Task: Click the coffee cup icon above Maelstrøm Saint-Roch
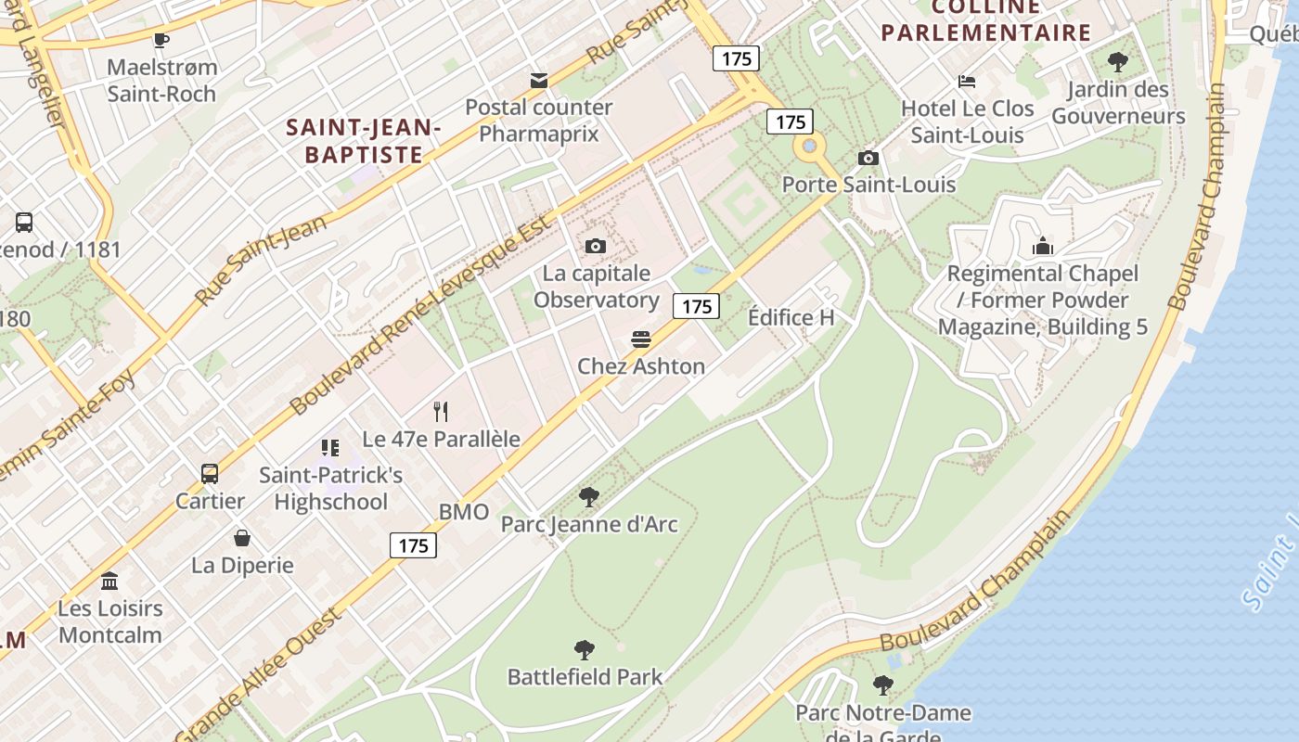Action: pyautogui.click(x=161, y=40)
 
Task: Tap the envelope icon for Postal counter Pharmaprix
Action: pyautogui.click(x=538, y=80)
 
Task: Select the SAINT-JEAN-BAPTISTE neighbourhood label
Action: pyautogui.click(x=363, y=140)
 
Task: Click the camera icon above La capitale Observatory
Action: pyautogui.click(x=596, y=246)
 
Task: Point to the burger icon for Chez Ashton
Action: pyautogui.click(x=640, y=339)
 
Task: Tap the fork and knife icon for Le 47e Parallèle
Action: pyautogui.click(x=442, y=412)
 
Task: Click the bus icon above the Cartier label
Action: pyautogui.click(x=210, y=474)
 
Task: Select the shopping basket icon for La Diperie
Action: pyautogui.click(x=242, y=538)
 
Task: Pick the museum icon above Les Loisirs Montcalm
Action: pyautogui.click(x=109, y=582)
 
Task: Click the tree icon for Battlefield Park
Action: pyautogui.click(x=585, y=649)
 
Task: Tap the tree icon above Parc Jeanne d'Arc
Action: pyautogui.click(x=588, y=497)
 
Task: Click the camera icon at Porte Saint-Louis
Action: pyautogui.click(x=868, y=158)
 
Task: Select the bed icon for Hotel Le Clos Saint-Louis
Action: pyautogui.click(x=967, y=82)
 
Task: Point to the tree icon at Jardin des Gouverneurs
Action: pyautogui.click(x=1118, y=62)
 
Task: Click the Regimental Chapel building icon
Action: pyautogui.click(x=1043, y=247)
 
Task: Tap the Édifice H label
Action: pyautogui.click(x=791, y=317)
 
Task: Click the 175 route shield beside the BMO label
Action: pyautogui.click(x=413, y=545)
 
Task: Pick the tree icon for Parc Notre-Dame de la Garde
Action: pyautogui.click(x=883, y=685)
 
